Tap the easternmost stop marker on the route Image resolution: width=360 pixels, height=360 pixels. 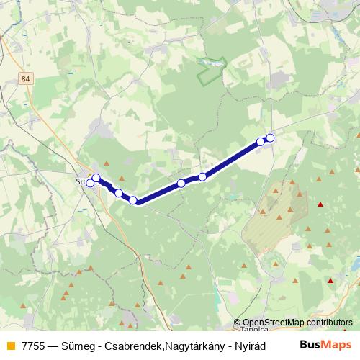(270, 138)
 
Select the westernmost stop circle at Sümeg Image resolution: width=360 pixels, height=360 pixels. (90, 184)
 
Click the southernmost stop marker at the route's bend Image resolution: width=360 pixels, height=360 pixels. (133, 199)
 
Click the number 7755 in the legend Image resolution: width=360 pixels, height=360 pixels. (32, 345)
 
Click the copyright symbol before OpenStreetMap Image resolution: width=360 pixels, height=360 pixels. (238, 323)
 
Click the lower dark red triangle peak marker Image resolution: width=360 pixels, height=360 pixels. (330, 282)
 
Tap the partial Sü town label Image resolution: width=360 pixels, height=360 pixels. (80, 181)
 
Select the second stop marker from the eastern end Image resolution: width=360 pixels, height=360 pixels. (261, 142)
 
